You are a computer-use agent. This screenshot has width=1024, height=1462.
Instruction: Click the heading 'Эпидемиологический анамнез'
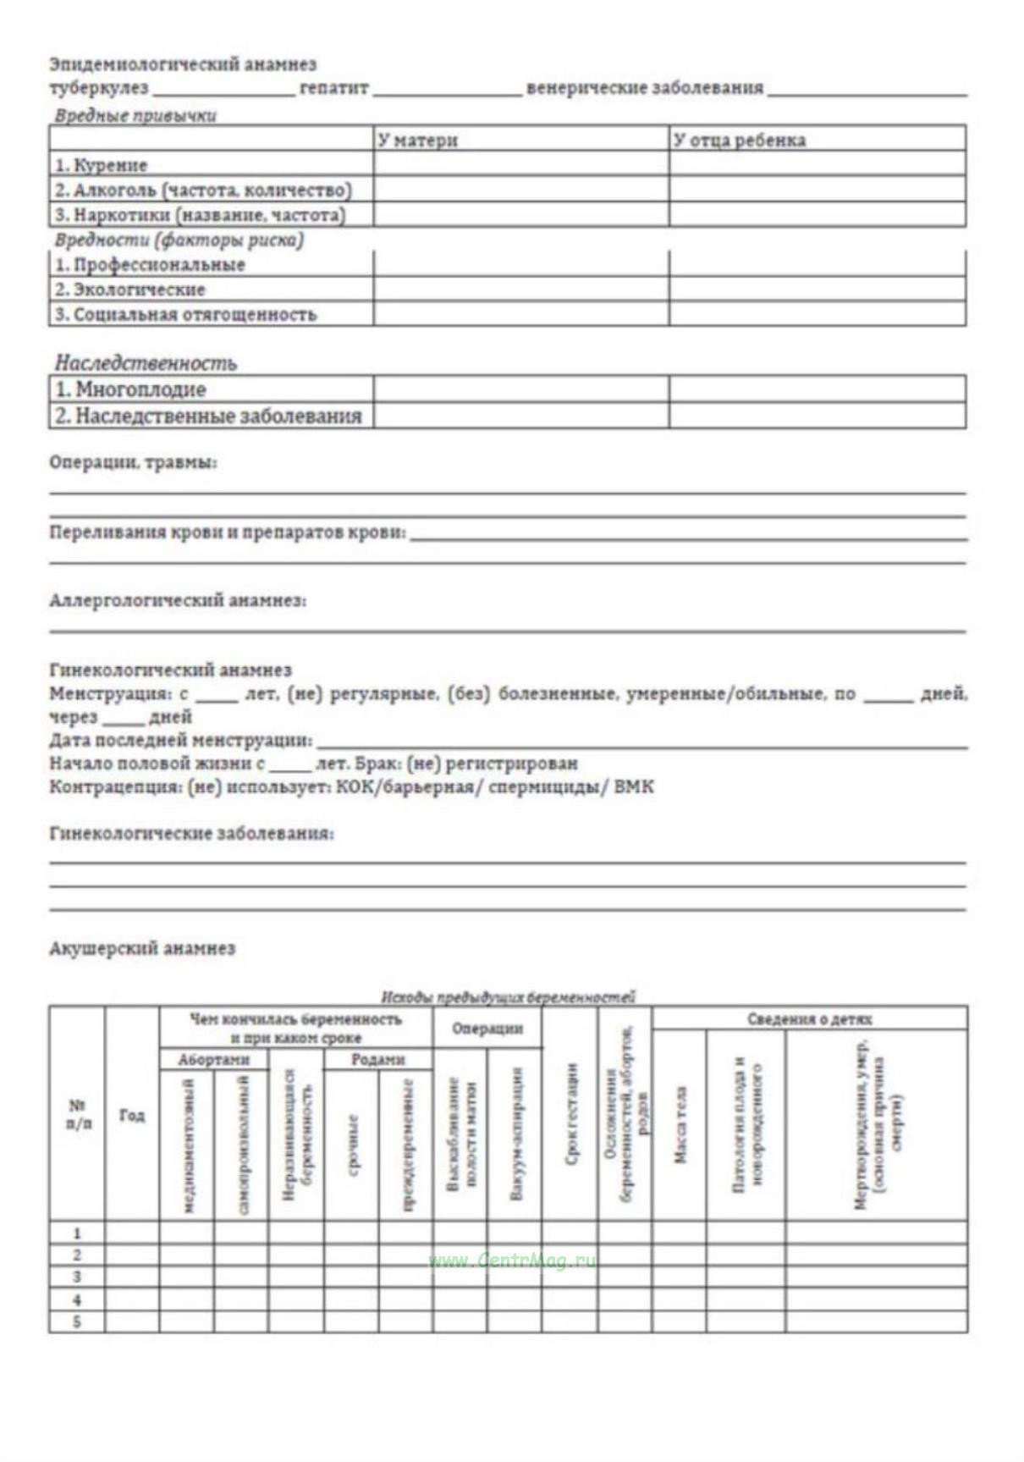183,64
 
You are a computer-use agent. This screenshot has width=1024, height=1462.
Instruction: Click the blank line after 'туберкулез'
223,90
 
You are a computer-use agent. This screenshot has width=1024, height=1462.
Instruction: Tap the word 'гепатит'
334,88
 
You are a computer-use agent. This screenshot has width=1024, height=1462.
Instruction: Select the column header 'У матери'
418,141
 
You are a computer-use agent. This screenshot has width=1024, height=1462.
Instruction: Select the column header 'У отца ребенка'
739,141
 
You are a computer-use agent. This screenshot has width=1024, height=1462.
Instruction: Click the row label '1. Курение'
102,165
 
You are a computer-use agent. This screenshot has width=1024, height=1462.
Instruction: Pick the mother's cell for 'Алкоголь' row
520,189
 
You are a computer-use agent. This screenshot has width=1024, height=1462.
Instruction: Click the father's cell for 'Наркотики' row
817,214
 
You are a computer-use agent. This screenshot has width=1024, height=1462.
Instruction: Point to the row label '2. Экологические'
130,290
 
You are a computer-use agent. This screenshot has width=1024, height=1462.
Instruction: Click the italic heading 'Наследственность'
146,363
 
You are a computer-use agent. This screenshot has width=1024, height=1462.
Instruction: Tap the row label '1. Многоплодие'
131,389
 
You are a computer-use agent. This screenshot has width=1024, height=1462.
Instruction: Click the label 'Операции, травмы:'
133,463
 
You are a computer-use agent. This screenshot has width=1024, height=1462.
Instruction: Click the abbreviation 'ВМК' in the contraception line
634,787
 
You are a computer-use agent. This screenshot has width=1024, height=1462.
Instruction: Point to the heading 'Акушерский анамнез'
142,949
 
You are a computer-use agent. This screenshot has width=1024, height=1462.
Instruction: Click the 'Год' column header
132,1116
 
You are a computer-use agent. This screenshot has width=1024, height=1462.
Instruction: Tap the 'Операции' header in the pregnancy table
487,1029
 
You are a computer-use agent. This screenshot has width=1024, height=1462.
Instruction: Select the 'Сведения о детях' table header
809,1019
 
